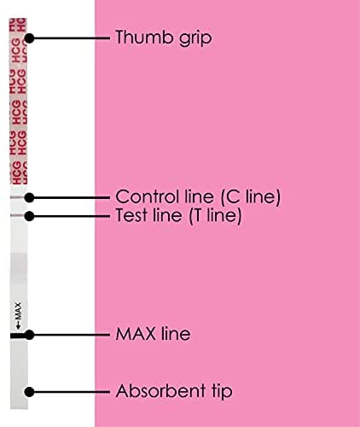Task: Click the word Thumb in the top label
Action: point(145,37)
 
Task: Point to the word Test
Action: point(132,215)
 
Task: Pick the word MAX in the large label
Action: point(136,334)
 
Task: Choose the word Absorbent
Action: point(160,390)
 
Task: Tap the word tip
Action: point(222,392)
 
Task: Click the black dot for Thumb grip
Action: point(29,38)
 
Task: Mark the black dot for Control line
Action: point(29,197)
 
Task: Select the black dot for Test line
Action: point(29,216)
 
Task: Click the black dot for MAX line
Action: point(29,335)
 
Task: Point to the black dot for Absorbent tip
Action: point(29,392)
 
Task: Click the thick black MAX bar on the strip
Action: point(18,336)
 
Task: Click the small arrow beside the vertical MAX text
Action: point(18,325)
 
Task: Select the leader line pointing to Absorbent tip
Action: point(70,392)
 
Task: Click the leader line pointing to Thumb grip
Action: point(70,38)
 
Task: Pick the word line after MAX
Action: point(176,333)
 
